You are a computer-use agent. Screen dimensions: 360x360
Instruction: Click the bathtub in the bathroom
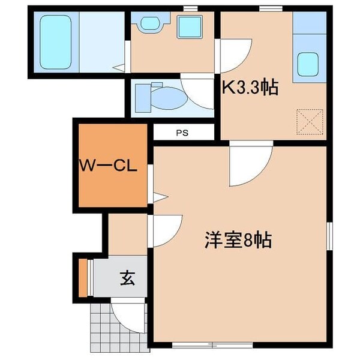(55, 42)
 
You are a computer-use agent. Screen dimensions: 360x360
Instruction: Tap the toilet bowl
(165, 97)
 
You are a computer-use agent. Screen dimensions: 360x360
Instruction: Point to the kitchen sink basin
(308, 64)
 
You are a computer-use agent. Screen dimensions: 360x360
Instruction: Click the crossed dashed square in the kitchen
(311, 122)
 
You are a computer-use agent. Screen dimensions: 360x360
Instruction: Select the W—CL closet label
(106, 166)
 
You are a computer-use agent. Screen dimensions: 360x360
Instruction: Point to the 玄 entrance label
(127, 278)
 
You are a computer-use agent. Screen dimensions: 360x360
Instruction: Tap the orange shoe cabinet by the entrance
(83, 277)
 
